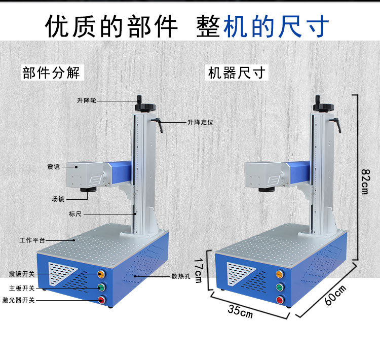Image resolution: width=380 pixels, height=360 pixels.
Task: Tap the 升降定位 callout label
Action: [x=200, y=122]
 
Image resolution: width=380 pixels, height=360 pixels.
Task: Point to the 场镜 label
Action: [x=58, y=198]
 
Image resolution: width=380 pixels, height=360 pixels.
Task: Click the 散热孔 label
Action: [x=180, y=277]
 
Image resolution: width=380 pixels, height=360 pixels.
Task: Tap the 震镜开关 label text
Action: [x=22, y=274]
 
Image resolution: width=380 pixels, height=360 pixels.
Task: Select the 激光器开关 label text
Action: [x=19, y=300]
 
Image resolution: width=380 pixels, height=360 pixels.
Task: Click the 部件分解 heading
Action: [x=51, y=73]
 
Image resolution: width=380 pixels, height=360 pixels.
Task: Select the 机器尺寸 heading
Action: [x=237, y=73]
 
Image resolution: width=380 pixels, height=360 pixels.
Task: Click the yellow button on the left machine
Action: [x=101, y=274]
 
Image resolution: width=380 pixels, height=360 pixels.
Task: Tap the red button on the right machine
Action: [x=279, y=300]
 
